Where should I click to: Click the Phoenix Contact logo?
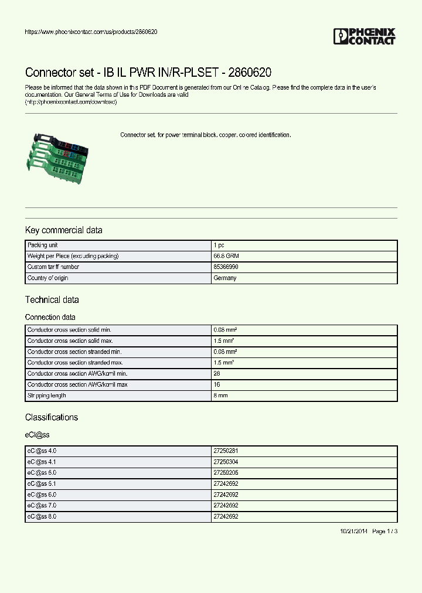click(x=364, y=36)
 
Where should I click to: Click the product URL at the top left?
click(x=91, y=32)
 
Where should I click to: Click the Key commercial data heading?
click(x=63, y=230)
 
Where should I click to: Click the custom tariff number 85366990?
click(x=226, y=267)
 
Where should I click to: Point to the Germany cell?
click(x=225, y=278)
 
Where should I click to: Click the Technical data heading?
click(x=52, y=300)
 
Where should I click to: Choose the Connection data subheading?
click(x=50, y=317)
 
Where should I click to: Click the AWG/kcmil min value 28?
click(x=217, y=374)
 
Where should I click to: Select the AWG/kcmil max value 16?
click(x=217, y=385)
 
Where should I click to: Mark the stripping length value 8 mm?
click(x=220, y=396)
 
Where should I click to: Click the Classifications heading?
click(x=52, y=418)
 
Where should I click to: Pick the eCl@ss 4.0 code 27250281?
click(x=226, y=451)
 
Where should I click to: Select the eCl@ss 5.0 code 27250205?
click(x=226, y=473)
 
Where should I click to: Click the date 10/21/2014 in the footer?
click(x=354, y=531)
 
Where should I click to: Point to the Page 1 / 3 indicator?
click(x=385, y=531)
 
